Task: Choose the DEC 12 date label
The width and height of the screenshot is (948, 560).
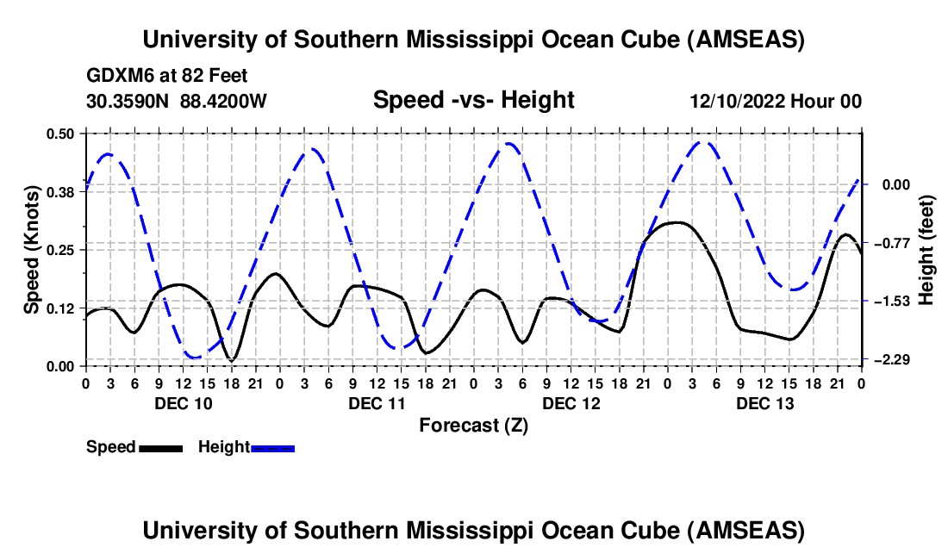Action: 571,403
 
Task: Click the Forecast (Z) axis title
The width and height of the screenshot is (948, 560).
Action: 473,425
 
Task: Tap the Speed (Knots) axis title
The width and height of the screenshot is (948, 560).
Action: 31,250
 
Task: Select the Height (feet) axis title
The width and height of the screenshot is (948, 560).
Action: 927,250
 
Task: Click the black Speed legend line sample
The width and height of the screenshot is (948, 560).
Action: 160,448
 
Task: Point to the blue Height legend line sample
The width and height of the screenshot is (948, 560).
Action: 272,448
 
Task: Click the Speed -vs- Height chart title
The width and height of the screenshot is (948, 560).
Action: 473,100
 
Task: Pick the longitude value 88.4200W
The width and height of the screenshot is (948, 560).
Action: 223,101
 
